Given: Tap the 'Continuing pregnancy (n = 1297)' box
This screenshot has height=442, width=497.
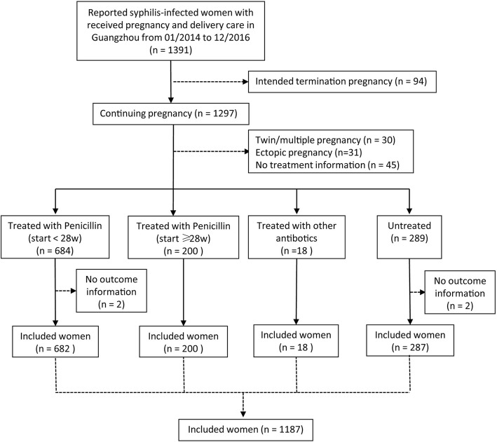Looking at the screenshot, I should point(170,113).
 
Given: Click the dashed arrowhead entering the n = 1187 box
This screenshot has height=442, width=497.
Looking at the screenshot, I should point(243,411).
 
